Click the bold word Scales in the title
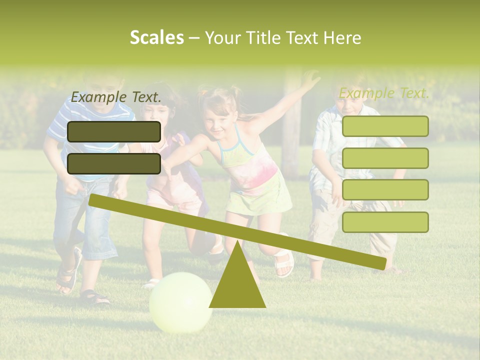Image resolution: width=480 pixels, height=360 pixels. (x=156, y=37)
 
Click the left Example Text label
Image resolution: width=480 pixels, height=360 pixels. (x=116, y=97)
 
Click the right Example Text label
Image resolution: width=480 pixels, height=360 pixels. (x=384, y=93)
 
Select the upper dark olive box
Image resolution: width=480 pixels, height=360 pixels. (x=114, y=131)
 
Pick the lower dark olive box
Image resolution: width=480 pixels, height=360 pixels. (x=114, y=163)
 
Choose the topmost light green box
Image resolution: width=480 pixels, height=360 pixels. (x=385, y=126)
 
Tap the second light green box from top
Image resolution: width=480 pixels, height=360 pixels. (x=385, y=158)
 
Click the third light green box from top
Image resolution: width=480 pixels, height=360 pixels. (x=385, y=189)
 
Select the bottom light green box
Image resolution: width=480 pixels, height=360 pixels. (x=385, y=222)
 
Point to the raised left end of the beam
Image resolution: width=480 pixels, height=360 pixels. (x=95, y=200)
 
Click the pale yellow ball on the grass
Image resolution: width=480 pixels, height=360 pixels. (x=180, y=302)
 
